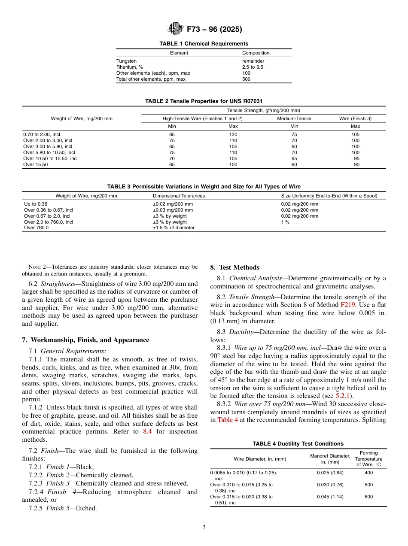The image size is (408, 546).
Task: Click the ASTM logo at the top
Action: (175, 29)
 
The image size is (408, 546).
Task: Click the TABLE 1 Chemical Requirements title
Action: (204, 44)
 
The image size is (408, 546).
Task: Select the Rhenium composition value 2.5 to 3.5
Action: (253, 67)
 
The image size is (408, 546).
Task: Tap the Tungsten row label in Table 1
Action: (126, 61)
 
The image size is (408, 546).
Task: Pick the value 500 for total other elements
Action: (246, 79)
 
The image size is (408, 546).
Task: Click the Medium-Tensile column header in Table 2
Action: (294, 118)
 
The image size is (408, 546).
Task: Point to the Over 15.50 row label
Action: (36, 164)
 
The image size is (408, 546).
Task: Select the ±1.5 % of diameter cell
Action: (174, 228)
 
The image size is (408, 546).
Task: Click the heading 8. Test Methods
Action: (234, 267)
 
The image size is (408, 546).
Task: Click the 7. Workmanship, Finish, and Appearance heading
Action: (85, 340)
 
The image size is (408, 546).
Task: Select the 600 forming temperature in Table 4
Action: (368, 497)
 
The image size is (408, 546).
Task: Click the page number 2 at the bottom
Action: (204, 528)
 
